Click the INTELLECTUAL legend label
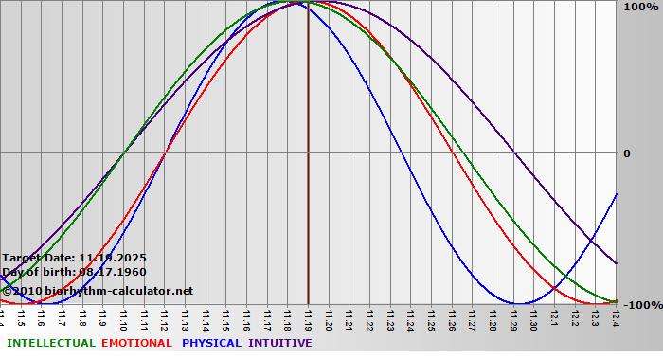(x=50, y=343)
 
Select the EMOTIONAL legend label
(x=136, y=343)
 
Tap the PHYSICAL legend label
(x=212, y=343)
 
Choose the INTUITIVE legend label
(x=279, y=343)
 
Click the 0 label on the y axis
(x=626, y=153)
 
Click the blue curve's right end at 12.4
(x=617, y=193)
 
